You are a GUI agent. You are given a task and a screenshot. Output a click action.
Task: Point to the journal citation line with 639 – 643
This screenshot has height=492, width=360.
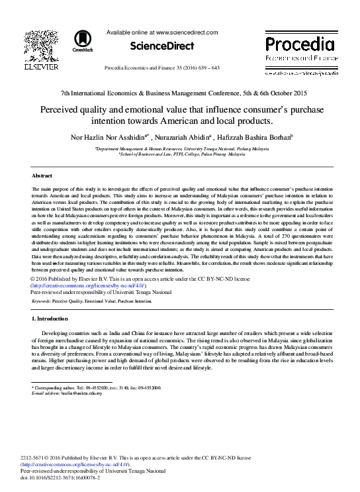point(169,68)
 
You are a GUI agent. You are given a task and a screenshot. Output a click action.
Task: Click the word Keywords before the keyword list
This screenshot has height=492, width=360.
point(44,301)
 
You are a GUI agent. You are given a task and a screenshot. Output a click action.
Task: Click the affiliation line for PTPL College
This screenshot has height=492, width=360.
point(179,154)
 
